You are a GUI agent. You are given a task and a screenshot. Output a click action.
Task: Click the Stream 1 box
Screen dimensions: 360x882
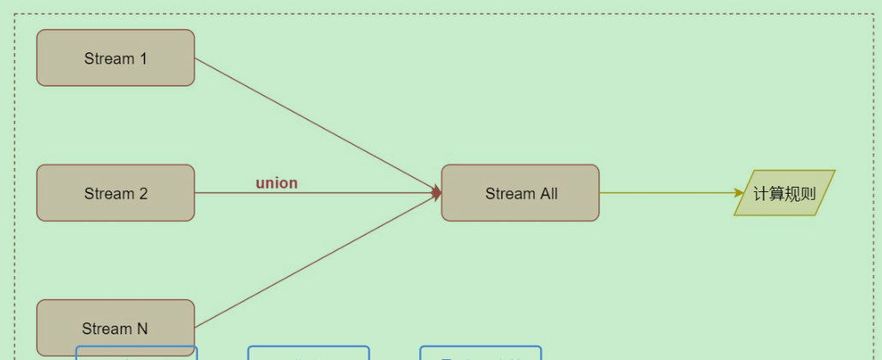click(116, 58)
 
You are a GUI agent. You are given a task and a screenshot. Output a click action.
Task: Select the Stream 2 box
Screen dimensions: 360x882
click(116, 193)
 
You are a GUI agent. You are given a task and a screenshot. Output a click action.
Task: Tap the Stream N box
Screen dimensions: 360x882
click(116, 327)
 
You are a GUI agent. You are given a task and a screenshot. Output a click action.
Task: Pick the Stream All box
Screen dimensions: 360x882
click(520, 193)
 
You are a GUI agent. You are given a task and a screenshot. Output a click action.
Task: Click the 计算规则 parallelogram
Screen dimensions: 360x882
click(784, 193)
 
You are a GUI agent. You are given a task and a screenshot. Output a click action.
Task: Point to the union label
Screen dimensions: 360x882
click(276, 183)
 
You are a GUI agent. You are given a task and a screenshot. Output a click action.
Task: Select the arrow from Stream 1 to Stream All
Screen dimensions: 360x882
click(317, 125)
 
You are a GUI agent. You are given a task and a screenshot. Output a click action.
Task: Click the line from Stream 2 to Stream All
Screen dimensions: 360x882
click(343, 193)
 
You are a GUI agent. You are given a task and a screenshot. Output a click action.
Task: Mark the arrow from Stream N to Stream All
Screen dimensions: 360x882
click(317, 261)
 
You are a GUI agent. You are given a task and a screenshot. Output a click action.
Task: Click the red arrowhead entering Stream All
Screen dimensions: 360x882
click(437, 193)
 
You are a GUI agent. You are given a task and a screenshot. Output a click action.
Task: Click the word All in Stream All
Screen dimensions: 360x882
click(548, 193)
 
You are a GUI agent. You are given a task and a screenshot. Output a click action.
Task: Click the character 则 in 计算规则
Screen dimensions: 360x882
click(807, 193)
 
